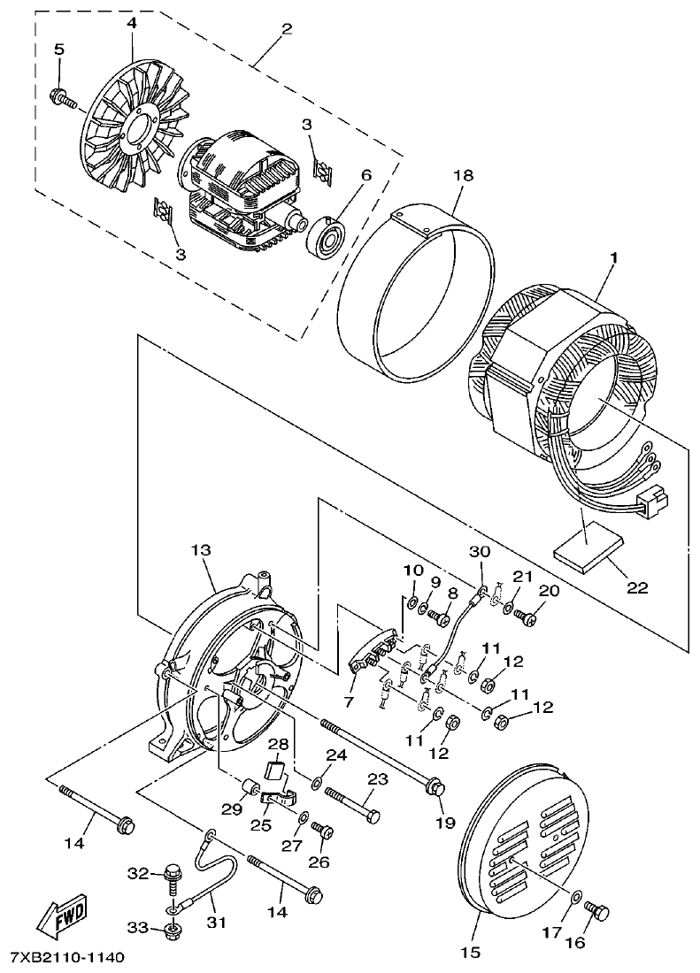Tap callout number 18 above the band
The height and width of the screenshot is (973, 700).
[465, 177]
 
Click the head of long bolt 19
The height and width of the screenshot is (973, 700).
[435, 785]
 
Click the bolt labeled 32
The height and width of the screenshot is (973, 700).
[173, 877]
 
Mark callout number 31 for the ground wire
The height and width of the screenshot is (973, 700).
[217, 923]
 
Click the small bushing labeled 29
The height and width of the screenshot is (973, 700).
[250, 787]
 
